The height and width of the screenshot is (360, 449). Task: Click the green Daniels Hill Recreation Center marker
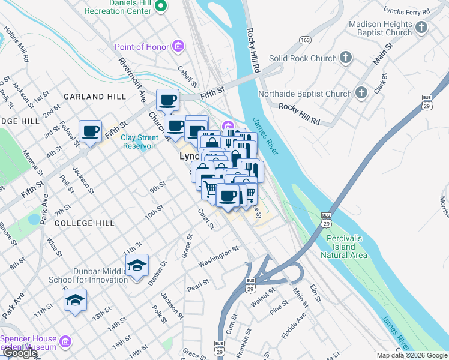point(160,7)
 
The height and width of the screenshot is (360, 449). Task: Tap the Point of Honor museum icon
point(177,46)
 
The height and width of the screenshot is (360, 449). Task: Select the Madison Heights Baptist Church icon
point(421,28)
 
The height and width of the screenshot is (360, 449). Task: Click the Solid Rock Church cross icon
point(345,58)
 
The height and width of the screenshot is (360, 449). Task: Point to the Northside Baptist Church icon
point(361,93)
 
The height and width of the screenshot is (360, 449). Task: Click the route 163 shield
point(306,40)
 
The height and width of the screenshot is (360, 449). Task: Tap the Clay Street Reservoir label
point(139,142)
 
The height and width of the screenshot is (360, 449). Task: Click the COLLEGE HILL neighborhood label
point(83,223)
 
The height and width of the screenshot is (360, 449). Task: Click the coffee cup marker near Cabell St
point(167,100)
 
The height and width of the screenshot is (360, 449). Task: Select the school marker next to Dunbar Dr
point(137,265)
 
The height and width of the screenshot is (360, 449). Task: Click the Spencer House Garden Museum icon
point(66,343)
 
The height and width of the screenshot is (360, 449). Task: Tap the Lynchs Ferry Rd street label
point(408,12)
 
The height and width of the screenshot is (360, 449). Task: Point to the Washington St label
point(219,259)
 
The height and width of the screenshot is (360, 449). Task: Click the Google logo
point(20,353)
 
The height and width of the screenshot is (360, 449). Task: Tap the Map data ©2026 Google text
point(411,355)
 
